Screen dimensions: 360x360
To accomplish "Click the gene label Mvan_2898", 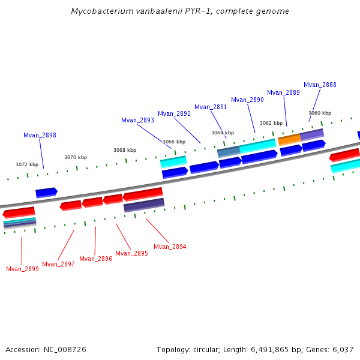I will (40, 135).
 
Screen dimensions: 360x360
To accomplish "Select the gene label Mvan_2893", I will (137, 120).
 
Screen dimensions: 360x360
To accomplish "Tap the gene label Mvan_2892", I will (174, 113).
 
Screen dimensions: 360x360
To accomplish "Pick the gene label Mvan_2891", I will (211, 107).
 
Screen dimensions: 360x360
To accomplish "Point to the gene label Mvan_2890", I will (247, 100).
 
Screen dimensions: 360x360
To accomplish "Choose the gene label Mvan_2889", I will (283, 92).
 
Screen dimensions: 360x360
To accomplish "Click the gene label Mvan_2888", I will (320, 85).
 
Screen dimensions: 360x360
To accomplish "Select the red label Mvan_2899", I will (22, 269).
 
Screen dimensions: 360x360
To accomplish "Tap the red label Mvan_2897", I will (58, 264).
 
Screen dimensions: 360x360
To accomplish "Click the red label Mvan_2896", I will (95, 259).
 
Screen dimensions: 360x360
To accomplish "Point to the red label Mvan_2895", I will (131, 253).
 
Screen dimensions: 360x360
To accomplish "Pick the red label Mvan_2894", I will (170, 247).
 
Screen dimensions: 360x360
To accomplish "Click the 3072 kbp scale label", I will (27, 164).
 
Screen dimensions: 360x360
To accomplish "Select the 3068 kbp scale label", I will (125, 150).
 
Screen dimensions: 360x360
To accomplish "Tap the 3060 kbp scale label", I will (320, 113).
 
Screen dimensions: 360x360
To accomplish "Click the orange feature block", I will (289, 139).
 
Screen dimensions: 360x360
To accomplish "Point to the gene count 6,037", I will (342, 349).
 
